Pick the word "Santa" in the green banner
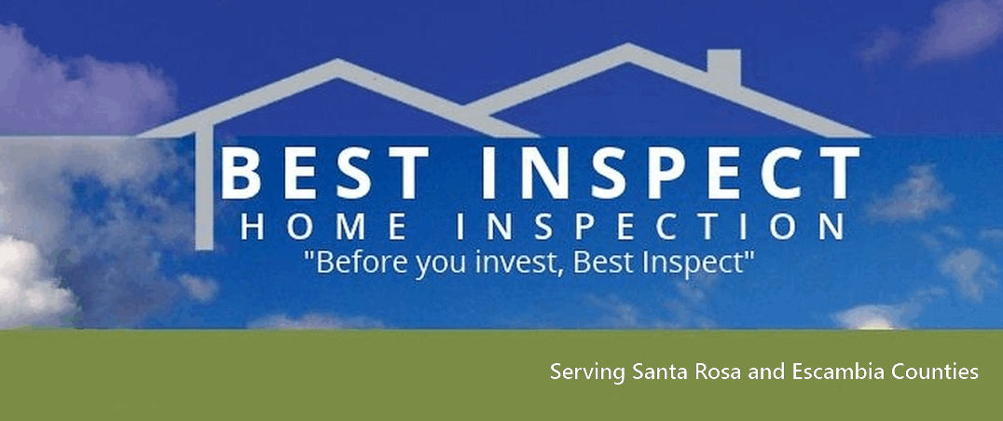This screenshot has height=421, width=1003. click(x=658, y=372)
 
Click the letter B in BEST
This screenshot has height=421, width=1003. click(x=240, y=174)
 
